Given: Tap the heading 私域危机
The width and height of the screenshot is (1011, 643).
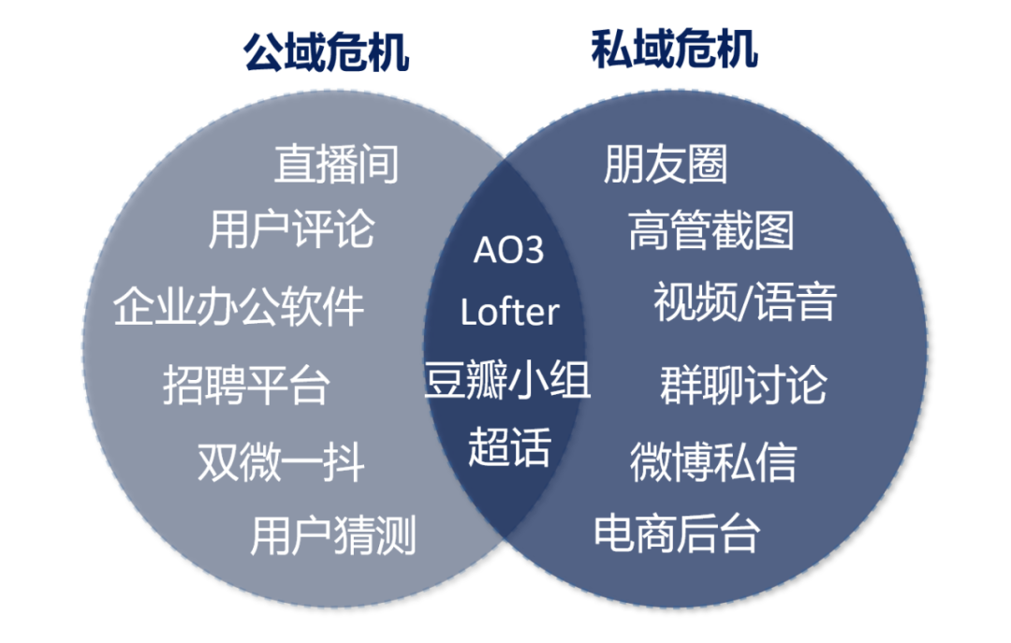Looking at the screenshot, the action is coord(674,49).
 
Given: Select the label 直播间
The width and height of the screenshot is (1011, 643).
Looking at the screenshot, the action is coord(336,164).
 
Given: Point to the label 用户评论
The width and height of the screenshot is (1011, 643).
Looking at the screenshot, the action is coord(291,229).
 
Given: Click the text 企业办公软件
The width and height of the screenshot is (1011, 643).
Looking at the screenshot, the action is coord(239,306).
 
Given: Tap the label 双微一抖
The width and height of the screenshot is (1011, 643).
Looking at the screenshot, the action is coord(281,461).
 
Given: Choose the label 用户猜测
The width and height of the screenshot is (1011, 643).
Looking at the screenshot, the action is coord(332,535).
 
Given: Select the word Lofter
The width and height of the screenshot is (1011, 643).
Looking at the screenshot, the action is coord(509,312).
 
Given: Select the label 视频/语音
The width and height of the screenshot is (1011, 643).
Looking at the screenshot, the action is coord(745,302).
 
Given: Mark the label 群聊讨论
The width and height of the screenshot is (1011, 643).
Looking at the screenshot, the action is coord(743,385).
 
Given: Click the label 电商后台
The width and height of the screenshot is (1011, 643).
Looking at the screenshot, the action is coord(676,533).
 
